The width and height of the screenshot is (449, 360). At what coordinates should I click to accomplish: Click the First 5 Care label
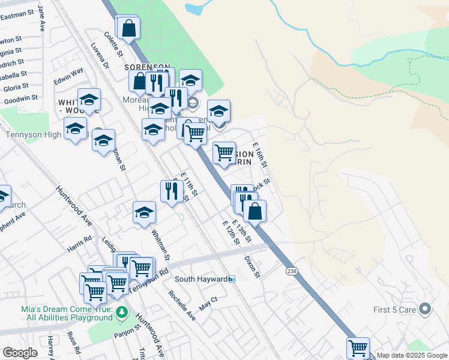click(391, 310)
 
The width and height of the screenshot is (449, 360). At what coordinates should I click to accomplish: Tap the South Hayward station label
click(202, 280)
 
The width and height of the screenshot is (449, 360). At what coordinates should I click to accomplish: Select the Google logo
click(20, 353)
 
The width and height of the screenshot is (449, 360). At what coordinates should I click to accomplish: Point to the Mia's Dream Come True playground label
click(65, 313)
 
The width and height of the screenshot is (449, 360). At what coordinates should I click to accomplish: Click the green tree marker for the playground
click(122, 313)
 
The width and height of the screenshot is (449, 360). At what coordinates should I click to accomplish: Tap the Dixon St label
click(252, 267)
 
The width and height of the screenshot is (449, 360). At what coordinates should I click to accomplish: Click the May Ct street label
click(208, 303)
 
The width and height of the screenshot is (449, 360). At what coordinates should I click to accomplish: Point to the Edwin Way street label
click(68, 76)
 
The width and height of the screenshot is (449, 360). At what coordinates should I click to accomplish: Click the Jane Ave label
click(41, 18)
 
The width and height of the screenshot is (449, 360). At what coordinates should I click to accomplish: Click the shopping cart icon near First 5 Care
click(358, 347)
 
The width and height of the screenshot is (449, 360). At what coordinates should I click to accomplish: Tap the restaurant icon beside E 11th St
click(172, 191)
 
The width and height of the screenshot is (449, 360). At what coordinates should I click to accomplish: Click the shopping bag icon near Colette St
click(128, 28)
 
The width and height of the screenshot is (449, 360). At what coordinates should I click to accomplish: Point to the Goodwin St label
click(20, 97)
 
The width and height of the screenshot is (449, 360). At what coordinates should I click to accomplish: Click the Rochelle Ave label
click(182, 305)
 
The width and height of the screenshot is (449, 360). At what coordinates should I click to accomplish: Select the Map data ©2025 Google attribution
click(412, 355)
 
